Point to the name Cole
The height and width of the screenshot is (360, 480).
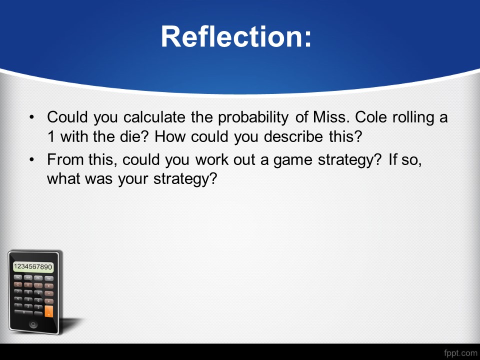coord(371,117)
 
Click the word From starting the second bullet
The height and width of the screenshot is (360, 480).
coord(65,159)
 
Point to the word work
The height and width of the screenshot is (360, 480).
coord(212,159)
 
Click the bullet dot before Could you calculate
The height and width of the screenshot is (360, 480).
coord(32,117)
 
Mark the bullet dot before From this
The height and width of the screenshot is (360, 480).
coord(32,159)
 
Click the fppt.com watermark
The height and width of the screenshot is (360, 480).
coord(460,353)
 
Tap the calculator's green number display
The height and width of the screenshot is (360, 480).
coord(33,266)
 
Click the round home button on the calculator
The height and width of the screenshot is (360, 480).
coord(33,324)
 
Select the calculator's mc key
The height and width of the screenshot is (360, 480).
coord(18,277)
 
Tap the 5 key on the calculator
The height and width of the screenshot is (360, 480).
coord(28,299)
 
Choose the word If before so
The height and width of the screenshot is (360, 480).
coord(392,159)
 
